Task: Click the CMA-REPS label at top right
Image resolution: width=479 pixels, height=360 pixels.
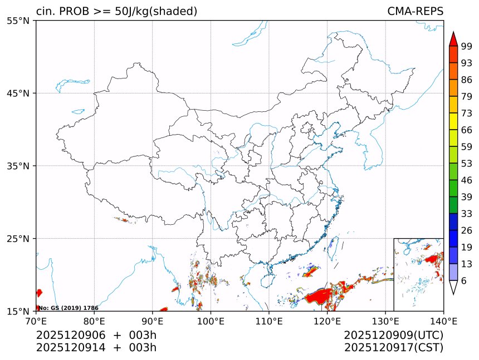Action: point(415,12)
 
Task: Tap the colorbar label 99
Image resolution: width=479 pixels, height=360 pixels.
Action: point(466,46)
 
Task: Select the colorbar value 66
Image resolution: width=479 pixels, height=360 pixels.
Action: point(466,130)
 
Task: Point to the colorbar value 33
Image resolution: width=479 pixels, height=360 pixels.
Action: point(466,214)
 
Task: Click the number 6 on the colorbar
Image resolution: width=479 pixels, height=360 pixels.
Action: point(463,280)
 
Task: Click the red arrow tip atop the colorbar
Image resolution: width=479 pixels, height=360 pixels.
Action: point(453,38)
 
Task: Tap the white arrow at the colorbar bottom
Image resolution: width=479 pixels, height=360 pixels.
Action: point(453,287)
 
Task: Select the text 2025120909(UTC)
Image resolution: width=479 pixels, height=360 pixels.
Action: point(393,335)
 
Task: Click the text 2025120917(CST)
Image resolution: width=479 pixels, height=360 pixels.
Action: point(393,348)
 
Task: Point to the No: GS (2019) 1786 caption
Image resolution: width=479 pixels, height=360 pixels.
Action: point(68,308)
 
